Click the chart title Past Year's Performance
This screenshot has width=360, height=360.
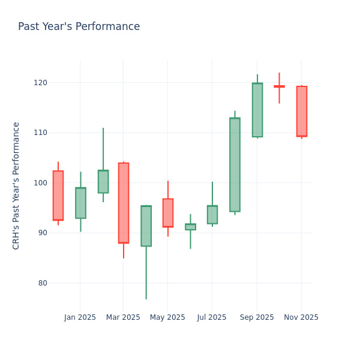[79, 27]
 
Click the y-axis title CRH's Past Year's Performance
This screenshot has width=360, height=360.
[16, 185]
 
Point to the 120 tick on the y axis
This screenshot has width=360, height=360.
[41, 83]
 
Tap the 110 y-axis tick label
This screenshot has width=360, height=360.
[41, 133]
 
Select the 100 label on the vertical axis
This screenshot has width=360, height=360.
[41, 183]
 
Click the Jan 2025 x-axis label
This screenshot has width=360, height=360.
[80, 317]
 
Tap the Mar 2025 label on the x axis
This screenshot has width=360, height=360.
[123, 317]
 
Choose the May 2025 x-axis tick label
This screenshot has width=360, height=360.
[167, 317]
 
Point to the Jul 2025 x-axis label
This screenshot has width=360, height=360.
[212, 317]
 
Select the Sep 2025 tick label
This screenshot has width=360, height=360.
[257, 317]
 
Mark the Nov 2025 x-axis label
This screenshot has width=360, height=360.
[301, 317]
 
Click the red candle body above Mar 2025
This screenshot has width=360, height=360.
[124, 203]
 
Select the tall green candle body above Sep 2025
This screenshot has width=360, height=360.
[257, 110]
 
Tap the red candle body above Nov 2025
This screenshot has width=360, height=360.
[302, 111]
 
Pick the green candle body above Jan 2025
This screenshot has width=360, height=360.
[80, 203]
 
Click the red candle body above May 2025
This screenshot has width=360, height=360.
[168, 213]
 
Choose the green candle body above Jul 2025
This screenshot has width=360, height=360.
[212, 215]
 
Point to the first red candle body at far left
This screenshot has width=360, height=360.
[58, 196]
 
